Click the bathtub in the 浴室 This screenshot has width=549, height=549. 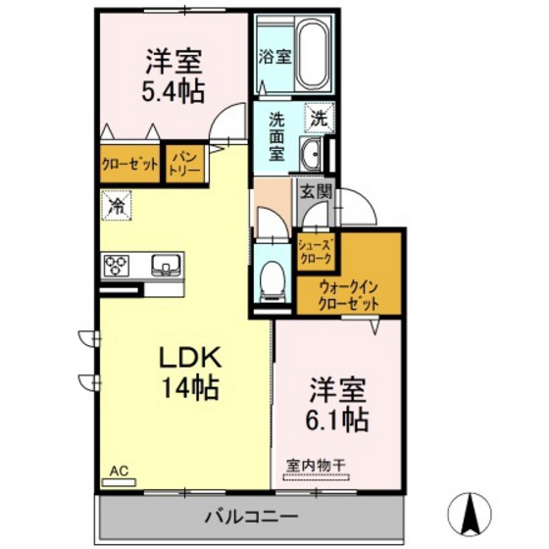tap(314, 54)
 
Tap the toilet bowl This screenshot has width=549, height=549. tap(274, 279)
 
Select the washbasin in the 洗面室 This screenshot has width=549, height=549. tap(312, 154)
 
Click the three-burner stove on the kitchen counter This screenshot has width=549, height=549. tap(116, 266)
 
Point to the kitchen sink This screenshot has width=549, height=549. tap(166, 265)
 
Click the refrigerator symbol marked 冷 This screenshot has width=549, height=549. tap(117, 206)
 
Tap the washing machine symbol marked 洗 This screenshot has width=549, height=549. tap(320, 118)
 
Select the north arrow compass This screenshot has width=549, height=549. tap(471, 513)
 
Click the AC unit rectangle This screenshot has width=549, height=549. tap(119, 482)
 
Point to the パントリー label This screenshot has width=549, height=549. tap(185, 164)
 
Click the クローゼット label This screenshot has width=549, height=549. tap(129, 164)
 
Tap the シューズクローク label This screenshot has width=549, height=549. tap(315, 252)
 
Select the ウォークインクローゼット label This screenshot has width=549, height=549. tap(349, 296)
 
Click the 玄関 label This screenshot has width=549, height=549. tap(316, 191)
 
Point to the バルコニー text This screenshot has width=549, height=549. tap(251, 517)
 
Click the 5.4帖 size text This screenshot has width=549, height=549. tap(173, 92)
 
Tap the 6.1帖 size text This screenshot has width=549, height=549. tap(337, 420)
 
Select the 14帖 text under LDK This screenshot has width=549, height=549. tap(190, 388)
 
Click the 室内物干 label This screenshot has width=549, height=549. tap(316, 466)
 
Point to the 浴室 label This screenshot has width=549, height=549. tap(274, 57)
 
